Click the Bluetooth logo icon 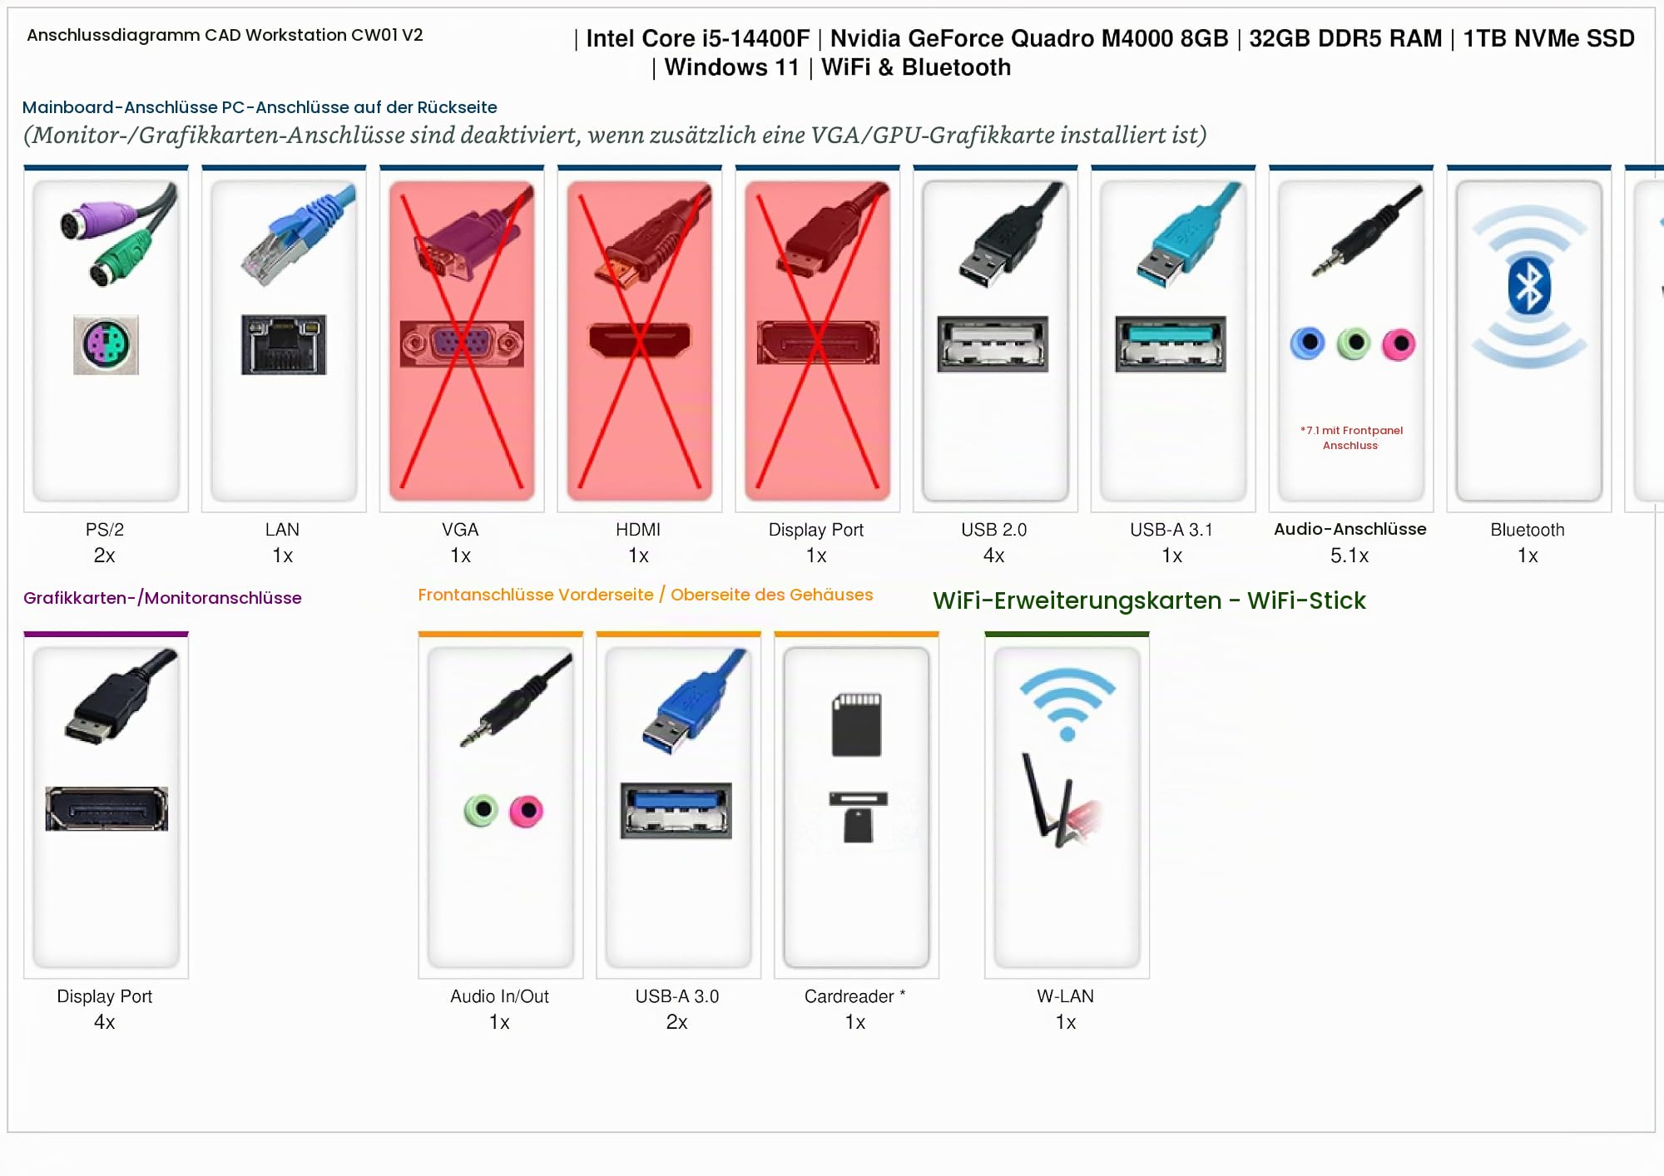click(1529, 286)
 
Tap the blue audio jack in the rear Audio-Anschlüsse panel click(1308, 343)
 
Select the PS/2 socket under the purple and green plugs click(106, 344)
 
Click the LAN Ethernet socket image click(284, 344)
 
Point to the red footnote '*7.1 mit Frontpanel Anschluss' click(1351, 437)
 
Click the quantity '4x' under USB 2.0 click(994, 556)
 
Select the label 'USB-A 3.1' click(1171, 530)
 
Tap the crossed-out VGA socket click(462, 343)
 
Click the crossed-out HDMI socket click(640, 339)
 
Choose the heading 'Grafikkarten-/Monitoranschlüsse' click(162, 598)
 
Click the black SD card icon click(856, 724)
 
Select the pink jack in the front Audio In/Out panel click(526, 811)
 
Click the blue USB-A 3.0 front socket click(676, 810)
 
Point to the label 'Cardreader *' click(854, 996)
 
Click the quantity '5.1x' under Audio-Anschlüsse click(1350, 556)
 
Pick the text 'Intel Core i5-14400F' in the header click(697, 38)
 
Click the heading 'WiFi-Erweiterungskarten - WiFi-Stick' click(1149, 600)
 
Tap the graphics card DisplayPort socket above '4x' click(106, 808)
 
